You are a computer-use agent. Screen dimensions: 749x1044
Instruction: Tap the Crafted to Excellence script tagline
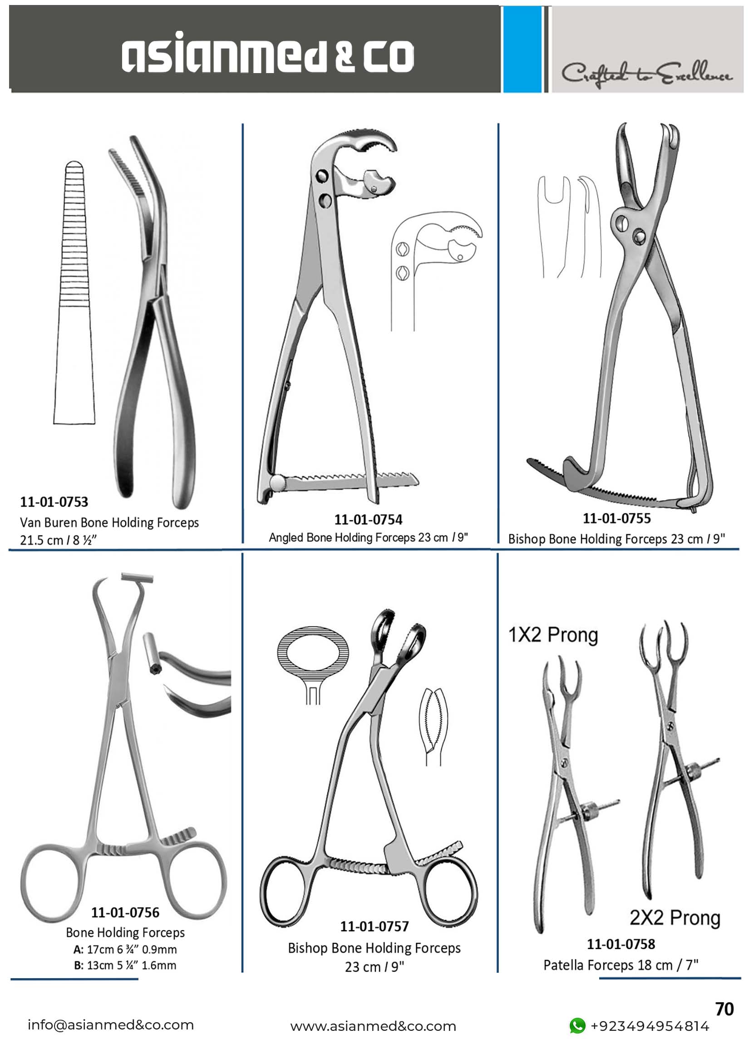647,74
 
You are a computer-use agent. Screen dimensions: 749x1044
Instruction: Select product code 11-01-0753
54,501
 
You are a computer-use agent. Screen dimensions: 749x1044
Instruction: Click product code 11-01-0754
368,519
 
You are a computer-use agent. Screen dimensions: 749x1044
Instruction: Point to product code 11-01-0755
617,518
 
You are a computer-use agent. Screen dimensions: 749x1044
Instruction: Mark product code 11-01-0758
621,944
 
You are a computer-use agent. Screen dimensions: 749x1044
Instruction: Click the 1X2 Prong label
553,635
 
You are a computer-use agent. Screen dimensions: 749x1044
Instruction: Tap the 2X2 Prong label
675,918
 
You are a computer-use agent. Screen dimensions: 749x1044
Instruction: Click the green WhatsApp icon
577,1025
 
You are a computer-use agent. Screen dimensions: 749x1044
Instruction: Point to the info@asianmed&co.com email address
110,1024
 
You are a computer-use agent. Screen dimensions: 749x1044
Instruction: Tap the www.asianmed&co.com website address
373,1026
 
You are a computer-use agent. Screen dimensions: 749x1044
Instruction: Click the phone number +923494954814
650,1026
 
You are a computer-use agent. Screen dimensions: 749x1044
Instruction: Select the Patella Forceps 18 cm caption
621,965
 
